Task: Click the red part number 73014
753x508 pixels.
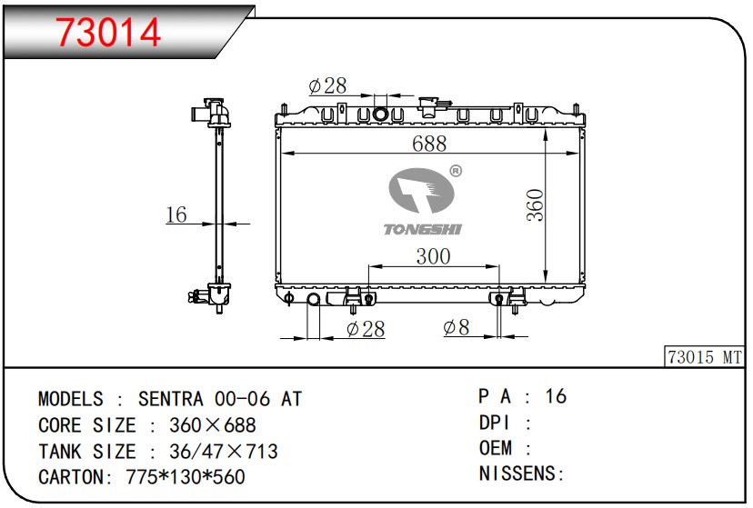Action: point(108,33)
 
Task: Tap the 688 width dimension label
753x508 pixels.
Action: point(429,144)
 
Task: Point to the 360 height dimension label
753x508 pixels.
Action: point(535,205)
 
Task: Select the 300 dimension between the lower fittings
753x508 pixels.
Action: point(433,256)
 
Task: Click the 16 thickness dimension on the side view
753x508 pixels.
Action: point(176,214)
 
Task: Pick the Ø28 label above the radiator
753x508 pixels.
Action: point(327,85)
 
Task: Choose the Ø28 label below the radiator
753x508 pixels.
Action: point(366,329)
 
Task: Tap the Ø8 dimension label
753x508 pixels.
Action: point(457,328)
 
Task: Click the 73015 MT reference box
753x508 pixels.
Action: point(705,357)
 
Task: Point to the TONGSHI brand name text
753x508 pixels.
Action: point(423,229)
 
